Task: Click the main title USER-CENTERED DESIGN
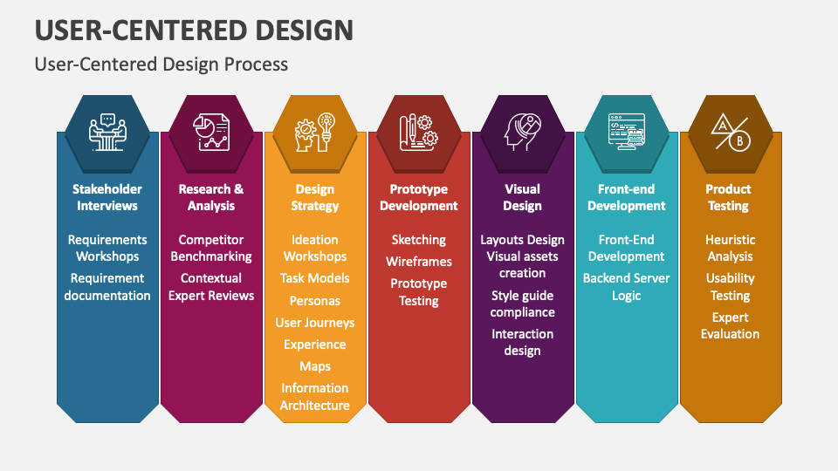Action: click(194, 30)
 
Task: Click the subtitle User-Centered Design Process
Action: click(161, 65)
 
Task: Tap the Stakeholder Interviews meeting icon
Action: click(107, 133)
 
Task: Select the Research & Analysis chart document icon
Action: click(211, 133)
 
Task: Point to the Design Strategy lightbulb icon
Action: click(315, 133)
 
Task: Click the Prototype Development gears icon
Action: click(419, 133)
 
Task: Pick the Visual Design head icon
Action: click(522, 133)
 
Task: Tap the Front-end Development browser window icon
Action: click(626, 133)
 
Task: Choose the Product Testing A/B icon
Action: click(730, 133)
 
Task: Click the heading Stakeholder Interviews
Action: click(107, 197)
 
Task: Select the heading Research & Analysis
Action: click(211, 197)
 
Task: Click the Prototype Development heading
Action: click(419, 197)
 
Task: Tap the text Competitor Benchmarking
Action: click(211, 248)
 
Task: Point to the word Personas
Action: click(315, 300)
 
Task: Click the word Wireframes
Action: click(419, 262)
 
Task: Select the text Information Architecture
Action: click(315, 397)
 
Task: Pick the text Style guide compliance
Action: click(522, 304)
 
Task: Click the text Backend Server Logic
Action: click(626, 287)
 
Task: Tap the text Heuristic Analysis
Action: click(730, 248)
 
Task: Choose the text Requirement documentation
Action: click(107, 287)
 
